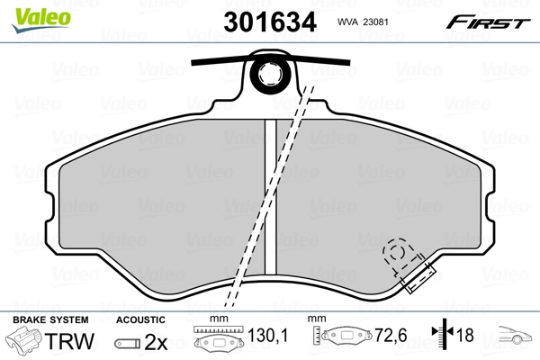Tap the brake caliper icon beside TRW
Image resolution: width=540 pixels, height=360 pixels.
26,342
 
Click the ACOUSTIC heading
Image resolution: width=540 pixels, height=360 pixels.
140,319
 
